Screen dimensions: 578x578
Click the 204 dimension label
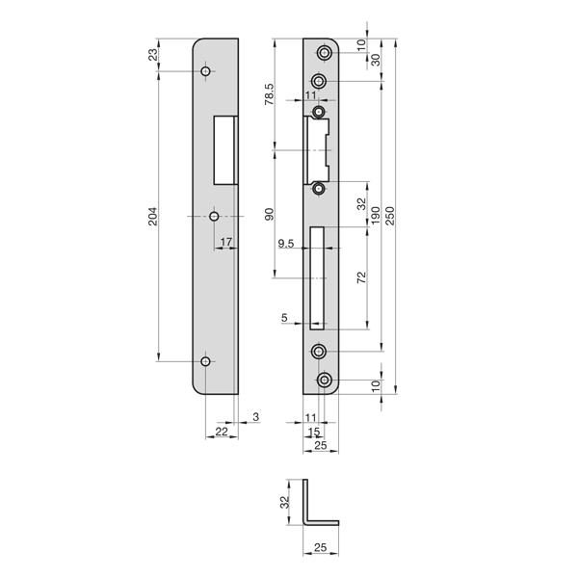coord(153,217)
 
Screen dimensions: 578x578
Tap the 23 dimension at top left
coord(153,55)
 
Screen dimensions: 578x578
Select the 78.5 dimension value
coord(270,94)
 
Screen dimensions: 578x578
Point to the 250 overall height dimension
coord(390,216)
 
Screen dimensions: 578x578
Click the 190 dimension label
coord(375,216)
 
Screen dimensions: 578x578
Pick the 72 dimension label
coord(362,277)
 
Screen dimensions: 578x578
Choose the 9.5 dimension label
coord(286,244)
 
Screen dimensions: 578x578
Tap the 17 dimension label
coord(226,242)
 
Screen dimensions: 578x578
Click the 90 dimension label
coord(270,214)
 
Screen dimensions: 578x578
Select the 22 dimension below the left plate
coord(222,432)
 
